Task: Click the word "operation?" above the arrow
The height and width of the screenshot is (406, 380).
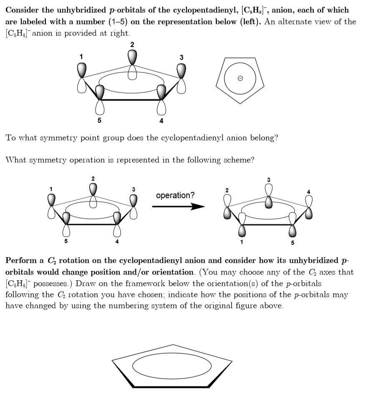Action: [175, 195]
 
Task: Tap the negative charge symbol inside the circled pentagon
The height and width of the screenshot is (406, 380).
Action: [240, 79]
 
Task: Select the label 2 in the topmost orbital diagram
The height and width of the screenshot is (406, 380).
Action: [132, 44]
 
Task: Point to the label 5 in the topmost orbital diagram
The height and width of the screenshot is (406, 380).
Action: [99, 121]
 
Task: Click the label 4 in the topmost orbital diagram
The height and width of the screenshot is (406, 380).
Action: [161, 121]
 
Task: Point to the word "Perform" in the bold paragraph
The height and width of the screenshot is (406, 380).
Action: [20, 261]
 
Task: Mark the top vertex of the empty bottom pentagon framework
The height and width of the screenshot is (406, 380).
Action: [174, 345]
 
